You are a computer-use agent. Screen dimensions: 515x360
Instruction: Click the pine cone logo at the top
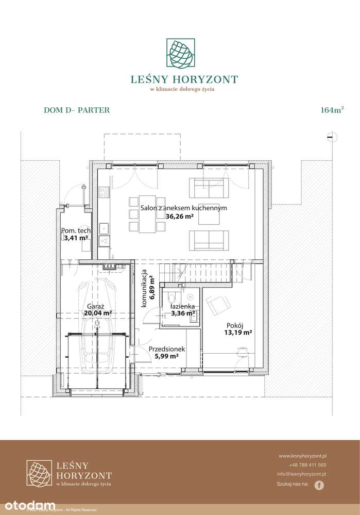180,54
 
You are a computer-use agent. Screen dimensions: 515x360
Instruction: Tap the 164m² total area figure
332,110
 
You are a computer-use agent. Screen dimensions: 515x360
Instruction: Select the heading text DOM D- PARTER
77,110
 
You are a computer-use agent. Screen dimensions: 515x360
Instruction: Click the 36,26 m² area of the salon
179,217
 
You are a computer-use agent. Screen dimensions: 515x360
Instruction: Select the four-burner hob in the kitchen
104,192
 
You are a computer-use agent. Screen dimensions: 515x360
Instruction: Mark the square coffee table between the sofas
209,218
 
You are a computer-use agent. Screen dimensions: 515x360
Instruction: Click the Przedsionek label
166,349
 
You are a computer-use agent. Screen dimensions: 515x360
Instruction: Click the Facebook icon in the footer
319,485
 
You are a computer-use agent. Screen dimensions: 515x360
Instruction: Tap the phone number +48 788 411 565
307,464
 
